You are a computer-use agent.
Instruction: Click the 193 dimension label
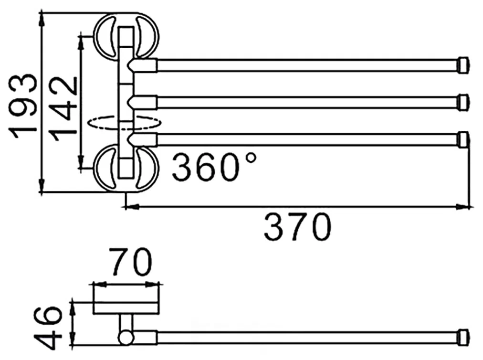point(24,106)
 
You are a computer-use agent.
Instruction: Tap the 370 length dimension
point(297,227)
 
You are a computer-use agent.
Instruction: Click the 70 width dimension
point(130,262)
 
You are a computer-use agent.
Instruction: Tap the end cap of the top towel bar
point(463,65)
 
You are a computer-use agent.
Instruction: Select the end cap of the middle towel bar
point(463,102)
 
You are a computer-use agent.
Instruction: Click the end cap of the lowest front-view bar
point(463,139)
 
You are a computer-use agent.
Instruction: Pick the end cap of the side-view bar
point(463,336)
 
